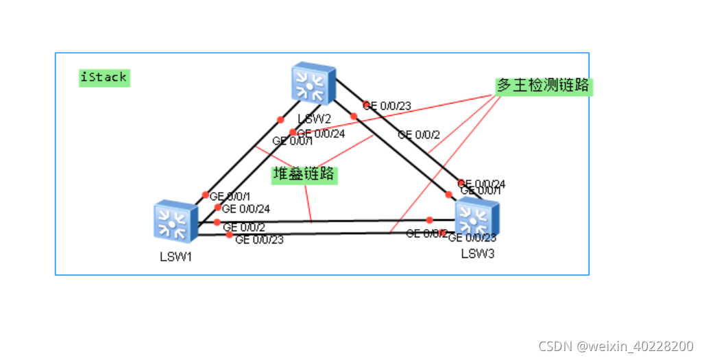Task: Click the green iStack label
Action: click(104, 77)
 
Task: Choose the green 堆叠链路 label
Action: click(304, 174)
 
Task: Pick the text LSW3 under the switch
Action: click(478, 254)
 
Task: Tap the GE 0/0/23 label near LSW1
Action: click(259, 239)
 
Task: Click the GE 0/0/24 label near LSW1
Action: click(246, 208)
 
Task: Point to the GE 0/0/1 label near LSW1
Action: click(230, 196)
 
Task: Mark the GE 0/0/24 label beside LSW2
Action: click(321, 133)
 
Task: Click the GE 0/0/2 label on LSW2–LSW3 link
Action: click(419, 135)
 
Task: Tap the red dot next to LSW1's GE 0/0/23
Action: click(230, 235)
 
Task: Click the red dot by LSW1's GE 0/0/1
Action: click(205, 195)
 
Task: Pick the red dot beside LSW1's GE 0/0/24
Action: click(218, 207)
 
